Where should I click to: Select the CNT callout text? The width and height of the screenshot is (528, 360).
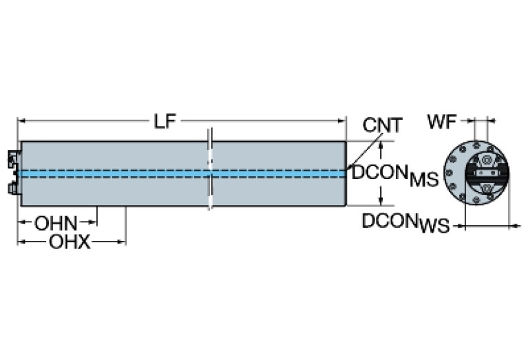(x=382, y=126)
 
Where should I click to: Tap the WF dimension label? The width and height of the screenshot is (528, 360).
(x=441, y=123)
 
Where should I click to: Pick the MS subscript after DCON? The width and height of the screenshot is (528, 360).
(x=423, y=180)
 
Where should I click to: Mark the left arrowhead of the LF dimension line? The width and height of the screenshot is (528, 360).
(x=21, y=122)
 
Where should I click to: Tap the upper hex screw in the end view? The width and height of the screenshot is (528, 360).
(x=487, y=160)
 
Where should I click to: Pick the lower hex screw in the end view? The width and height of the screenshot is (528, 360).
(x=487, y=187)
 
